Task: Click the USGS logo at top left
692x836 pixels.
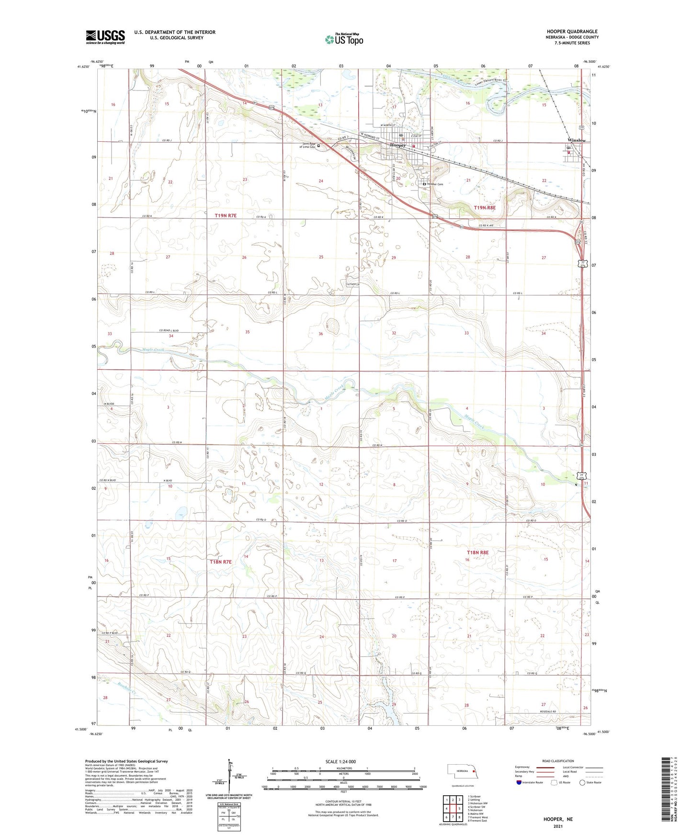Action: (x=105, y=37)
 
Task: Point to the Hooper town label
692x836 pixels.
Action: (x=398, y=145)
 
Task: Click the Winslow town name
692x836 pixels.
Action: (x=576, y=140)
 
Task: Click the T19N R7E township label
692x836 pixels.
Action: (x=226, y=216)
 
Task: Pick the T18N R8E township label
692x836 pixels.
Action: (x=477, y=553)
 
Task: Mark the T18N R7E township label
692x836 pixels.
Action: (x=220, y=562)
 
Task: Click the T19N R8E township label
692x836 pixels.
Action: (x=485, y=208)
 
